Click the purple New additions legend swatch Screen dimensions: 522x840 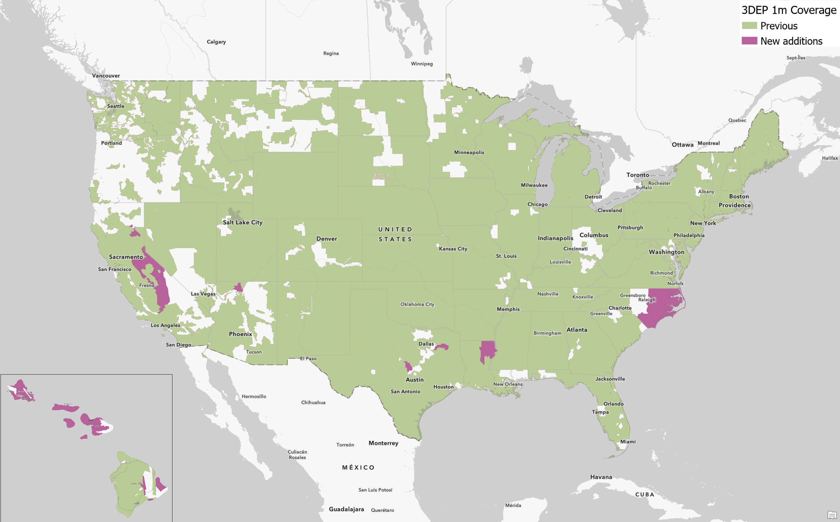tap(749, 41)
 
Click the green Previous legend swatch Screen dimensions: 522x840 tap(749, 26)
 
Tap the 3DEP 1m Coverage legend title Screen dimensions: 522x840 tap(789, 10)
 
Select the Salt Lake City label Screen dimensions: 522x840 tap(243, 222)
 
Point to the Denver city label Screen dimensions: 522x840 tap(327, 239)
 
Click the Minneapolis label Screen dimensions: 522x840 tap(469, 152)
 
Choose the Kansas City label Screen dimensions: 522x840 tap(453, 249)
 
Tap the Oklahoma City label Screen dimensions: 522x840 tap(417, 304)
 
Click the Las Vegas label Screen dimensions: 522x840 tap(203, 294)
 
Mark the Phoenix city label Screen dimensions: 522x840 tap(240, 334)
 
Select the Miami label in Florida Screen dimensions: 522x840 tap(628, 442)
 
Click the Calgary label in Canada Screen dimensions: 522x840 tap(216, 42)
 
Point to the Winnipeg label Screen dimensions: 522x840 tap(422, 63)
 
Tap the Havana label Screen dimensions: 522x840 tap(601, 477)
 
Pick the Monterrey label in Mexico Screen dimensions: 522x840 tap(383, 443)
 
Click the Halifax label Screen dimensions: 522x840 tap(830, 158)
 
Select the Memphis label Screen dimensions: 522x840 tap(508, 309)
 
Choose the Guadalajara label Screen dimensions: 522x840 tap(346, 509)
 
